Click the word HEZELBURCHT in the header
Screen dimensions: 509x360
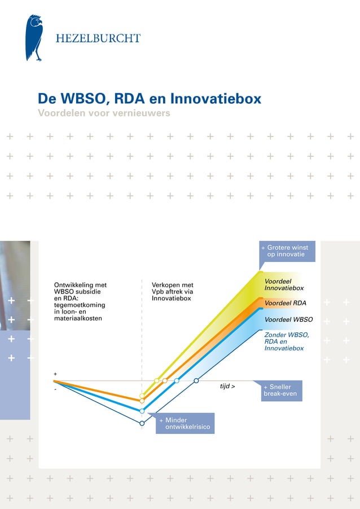[98, 38]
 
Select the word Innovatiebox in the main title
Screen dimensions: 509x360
[217, 99]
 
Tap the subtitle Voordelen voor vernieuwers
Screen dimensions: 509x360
[103, 113]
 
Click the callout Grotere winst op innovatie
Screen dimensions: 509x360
[287, 251]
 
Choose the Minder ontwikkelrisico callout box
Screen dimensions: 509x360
[185, 424]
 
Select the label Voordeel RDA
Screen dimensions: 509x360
[286, 303]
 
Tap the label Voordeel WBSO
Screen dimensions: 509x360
[288, 319]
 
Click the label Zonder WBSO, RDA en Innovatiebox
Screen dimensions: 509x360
[287, 341]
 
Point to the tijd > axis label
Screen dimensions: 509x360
[227, 387]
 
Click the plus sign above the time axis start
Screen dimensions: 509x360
[55, 375]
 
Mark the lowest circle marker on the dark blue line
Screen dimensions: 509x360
[142, 423]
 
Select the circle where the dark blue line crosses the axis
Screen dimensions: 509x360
[196, 381]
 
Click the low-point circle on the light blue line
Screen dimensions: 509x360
[142, 411]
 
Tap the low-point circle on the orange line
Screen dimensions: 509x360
[142, 401]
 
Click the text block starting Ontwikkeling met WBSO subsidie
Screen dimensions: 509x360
[80, 301]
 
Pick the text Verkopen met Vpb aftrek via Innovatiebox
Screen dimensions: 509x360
[173, 291]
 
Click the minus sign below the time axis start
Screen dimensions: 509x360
[55, 389]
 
